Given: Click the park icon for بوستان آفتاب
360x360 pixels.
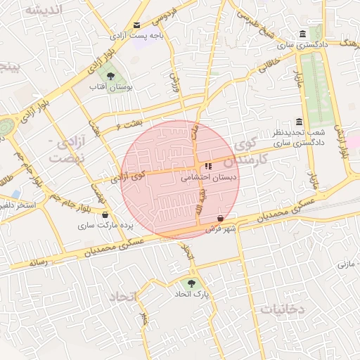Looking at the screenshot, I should click(109, 75).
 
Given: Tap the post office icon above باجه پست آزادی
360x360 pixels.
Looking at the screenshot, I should click(136, 25).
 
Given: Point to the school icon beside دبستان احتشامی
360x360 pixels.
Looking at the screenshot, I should click(207, 167).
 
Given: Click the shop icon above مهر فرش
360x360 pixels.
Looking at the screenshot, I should click(221, 218).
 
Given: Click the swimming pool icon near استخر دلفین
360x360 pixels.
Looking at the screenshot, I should click(15, 193).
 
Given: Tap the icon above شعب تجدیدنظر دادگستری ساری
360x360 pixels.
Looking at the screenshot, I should click(300, 122).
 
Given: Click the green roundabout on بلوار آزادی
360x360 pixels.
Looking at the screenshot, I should click(6, 127).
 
